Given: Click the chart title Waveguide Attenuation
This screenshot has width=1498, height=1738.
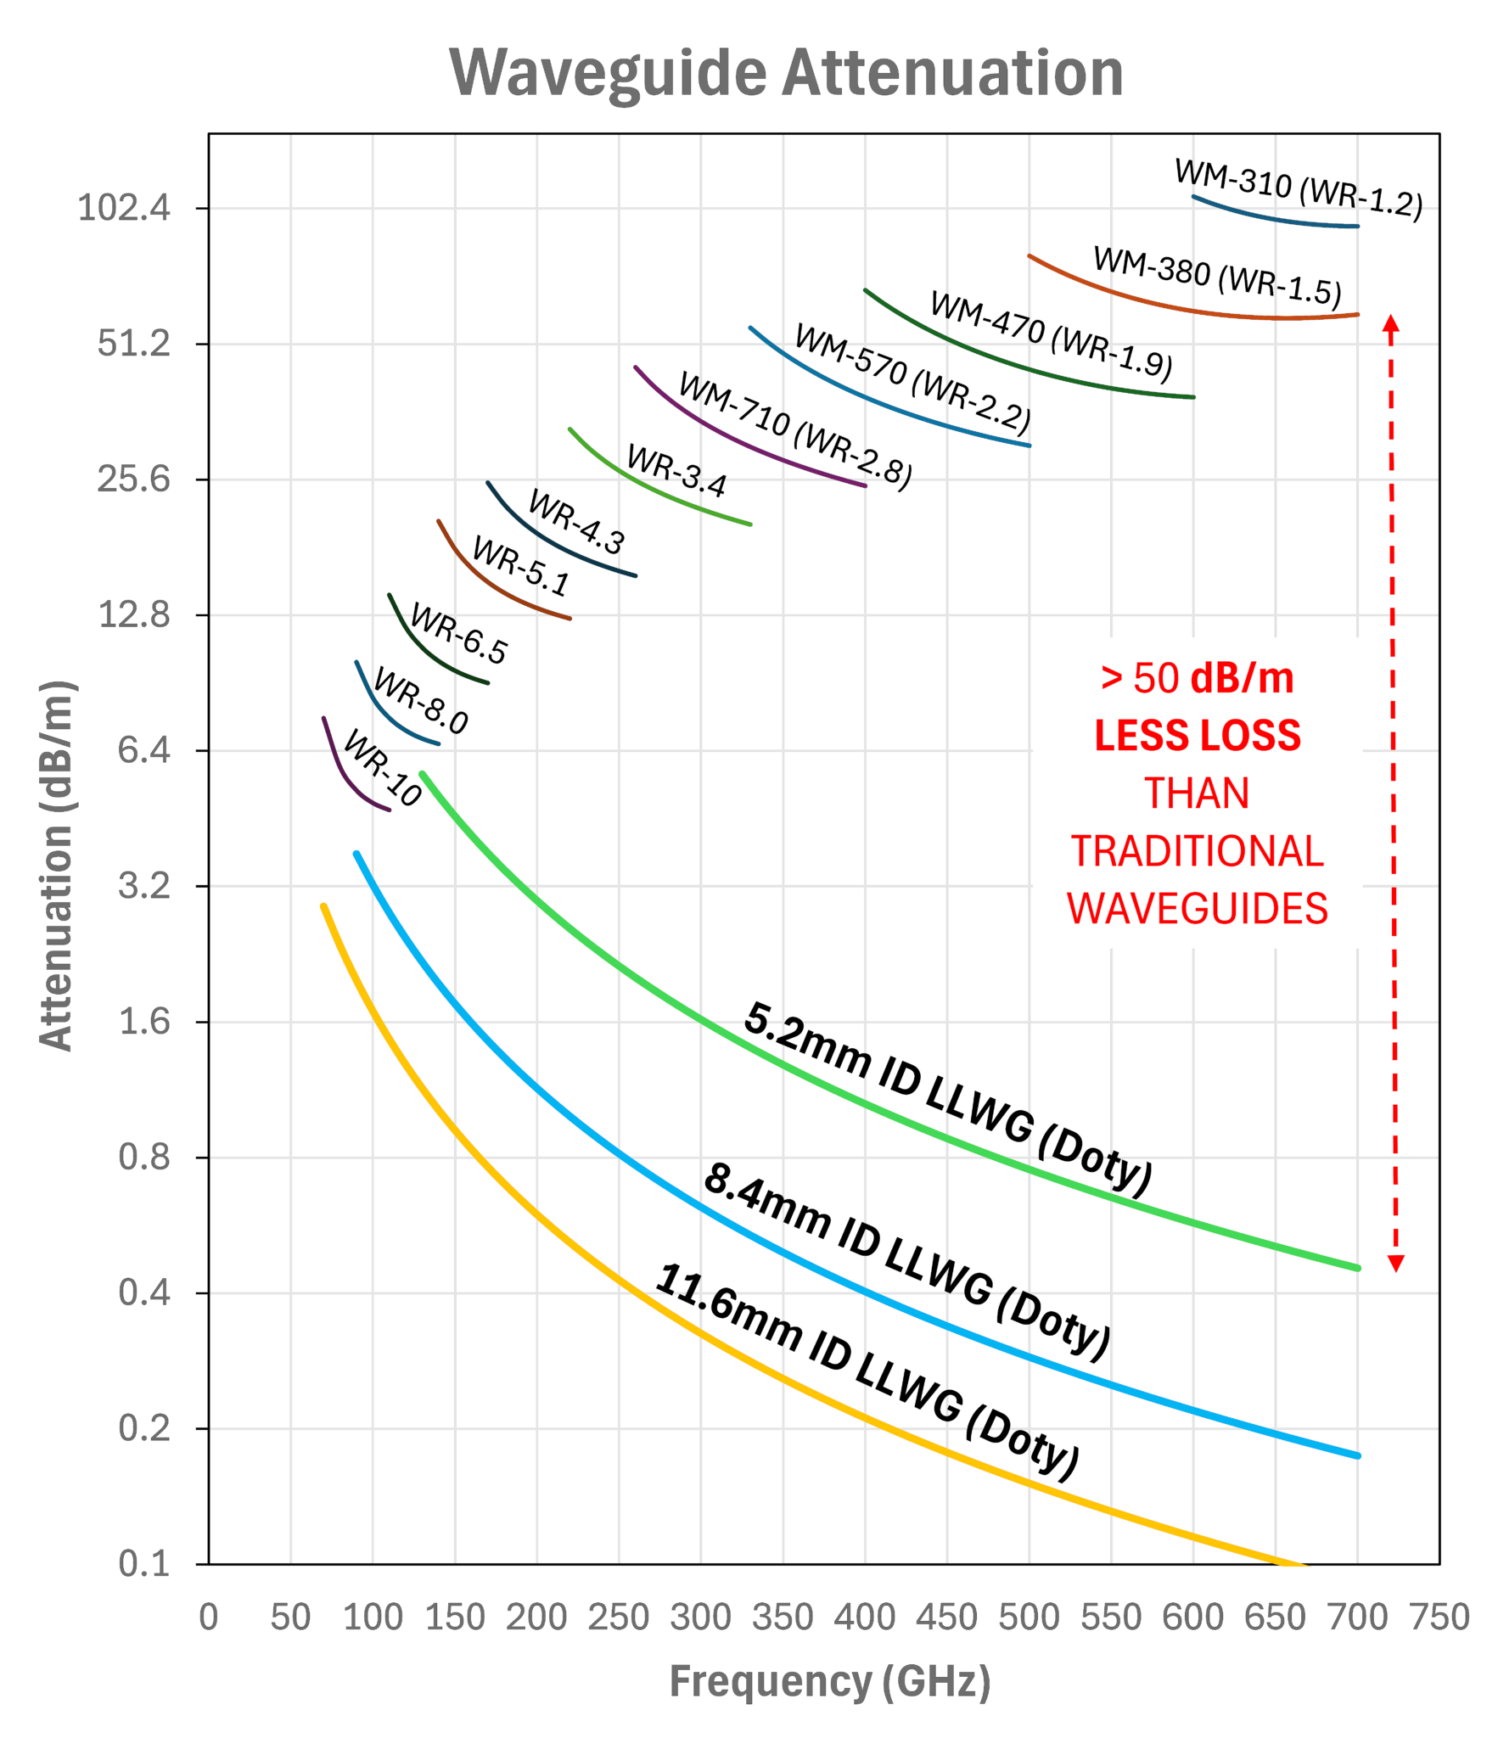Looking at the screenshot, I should [x=786, y=73].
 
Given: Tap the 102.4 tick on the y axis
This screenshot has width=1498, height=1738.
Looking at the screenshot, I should [x=124, y=208].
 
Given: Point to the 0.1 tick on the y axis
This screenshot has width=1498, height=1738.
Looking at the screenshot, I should [x=144, y=1563].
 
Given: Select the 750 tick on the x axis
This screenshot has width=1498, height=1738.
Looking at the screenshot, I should [x=1439, y=1617].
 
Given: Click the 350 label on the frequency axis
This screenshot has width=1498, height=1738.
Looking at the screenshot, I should [x=783, y=1617].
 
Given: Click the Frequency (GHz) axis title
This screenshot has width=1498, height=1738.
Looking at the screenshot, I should [x=830, y=1681].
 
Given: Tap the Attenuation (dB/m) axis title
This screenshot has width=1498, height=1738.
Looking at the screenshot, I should [x=57, y=866].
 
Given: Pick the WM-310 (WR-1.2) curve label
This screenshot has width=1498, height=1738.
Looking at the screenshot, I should [x=1299, y=189].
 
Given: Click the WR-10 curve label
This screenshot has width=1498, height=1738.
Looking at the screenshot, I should [x=382, y=768].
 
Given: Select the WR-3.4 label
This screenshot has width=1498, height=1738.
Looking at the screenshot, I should [x=676, y=472].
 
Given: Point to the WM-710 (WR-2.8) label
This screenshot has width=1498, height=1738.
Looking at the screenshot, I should [x=795, y=431].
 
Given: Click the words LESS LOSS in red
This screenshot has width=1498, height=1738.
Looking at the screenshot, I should [x=1197, y=736].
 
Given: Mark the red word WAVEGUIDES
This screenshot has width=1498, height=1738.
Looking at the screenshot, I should [x=1197, y=909].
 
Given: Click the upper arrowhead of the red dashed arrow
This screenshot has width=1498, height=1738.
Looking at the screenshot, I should [x=1390, y=323].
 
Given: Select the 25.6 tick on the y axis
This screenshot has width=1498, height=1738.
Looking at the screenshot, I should [x=133, y=479].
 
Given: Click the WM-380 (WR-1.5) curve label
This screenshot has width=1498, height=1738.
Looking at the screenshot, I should [x=1217, y=276].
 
